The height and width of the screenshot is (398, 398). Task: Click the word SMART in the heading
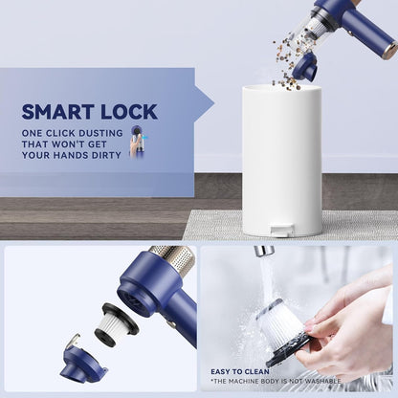coord(58,112)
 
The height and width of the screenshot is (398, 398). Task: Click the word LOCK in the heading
coord(129,112)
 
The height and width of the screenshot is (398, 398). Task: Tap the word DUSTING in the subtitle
coord(100,133)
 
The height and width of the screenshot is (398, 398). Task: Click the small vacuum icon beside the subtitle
coord(138,142)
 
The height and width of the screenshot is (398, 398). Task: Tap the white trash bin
coord(282,161)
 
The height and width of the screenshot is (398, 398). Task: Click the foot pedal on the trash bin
coord(281,230)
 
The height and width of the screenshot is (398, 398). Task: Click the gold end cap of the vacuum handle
coord(389,51)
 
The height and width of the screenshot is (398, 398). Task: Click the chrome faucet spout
coord(263,252)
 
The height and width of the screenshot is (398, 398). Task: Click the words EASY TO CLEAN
coord(240,372)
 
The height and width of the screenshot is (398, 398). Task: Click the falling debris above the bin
coord(289,64)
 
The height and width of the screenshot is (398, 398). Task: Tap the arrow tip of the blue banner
coord(214,103)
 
